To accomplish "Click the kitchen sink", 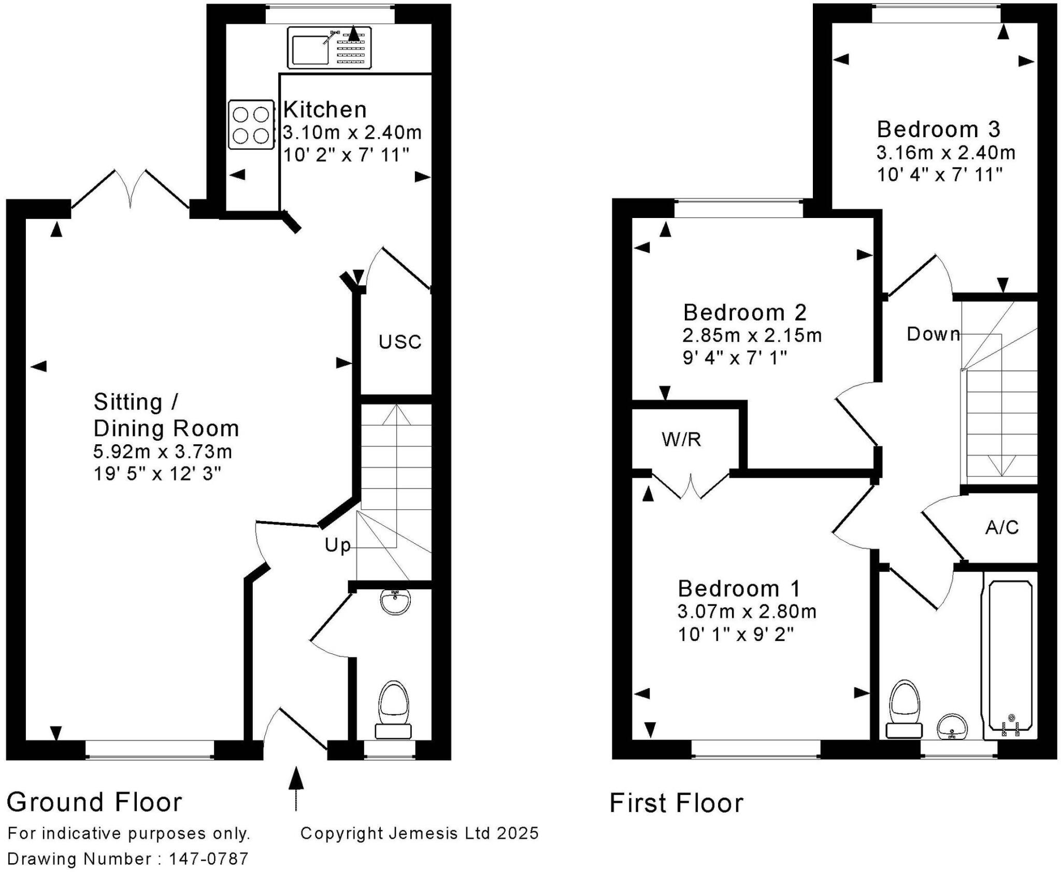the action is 329,48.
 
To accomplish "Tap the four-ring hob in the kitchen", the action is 251,125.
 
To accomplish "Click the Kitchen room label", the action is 325,110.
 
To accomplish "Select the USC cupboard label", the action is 400,342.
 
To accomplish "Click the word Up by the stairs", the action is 338,546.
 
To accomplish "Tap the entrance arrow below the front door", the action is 296,789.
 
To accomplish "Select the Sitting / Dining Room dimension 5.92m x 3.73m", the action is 163,452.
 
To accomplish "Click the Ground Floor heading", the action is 94,802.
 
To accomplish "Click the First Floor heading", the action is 676,803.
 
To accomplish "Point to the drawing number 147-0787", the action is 209,859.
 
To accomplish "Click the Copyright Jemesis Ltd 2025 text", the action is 420,833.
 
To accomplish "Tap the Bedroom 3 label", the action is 938,129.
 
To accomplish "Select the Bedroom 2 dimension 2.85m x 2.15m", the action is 752,336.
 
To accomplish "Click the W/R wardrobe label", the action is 681,440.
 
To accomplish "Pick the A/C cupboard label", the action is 1002,528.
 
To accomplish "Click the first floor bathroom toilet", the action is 905,709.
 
